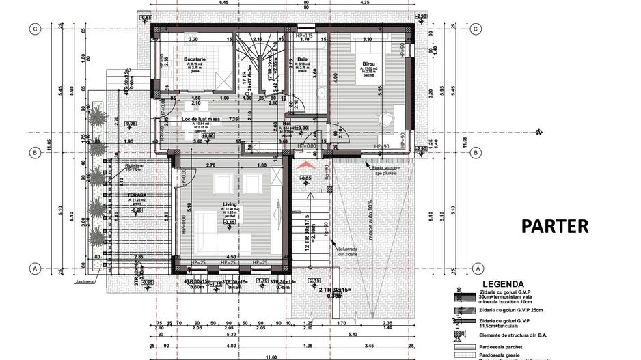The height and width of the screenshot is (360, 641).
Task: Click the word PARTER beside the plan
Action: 555,227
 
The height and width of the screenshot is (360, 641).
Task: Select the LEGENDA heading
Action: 503,284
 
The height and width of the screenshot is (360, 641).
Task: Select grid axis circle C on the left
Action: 32,29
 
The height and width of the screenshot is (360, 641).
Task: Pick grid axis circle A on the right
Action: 476,268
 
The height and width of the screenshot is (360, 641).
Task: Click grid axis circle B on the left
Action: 32,152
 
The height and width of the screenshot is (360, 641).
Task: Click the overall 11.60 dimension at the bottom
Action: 273,357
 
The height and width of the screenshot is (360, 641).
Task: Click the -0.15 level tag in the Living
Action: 230,222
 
